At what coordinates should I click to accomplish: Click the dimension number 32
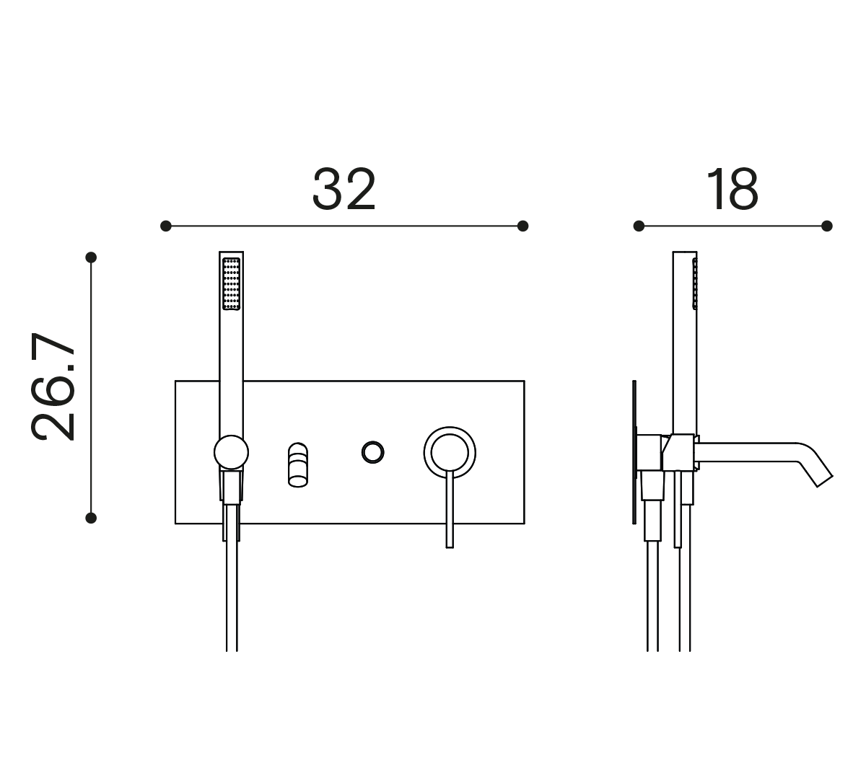point(344,189)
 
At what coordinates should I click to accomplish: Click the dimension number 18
point(732,189)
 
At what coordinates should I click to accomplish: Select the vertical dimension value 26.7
point(53,387)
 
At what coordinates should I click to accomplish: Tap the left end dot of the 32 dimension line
point(166,226)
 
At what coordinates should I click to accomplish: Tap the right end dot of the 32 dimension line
point(522,226)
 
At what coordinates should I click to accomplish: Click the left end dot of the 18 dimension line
point(639,226)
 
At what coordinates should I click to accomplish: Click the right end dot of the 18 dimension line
point(827,226)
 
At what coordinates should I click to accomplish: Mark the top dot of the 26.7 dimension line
point(91,257)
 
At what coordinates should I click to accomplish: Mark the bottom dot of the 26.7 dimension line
point(91,518)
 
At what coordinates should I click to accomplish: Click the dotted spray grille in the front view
point(231,283)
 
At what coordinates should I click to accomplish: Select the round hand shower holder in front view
point(231,452)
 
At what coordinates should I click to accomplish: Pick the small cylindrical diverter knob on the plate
point(298,464)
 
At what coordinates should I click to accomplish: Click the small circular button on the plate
point(372,452)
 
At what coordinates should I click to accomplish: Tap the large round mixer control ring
point(450,452)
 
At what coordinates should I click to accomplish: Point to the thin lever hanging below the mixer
point(450,509)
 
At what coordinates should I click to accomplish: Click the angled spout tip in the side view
point(825,481)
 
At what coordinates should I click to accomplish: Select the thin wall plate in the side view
point(634,452)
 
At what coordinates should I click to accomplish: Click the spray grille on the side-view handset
point(695,283)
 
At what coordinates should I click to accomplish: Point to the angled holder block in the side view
point(678,453)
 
